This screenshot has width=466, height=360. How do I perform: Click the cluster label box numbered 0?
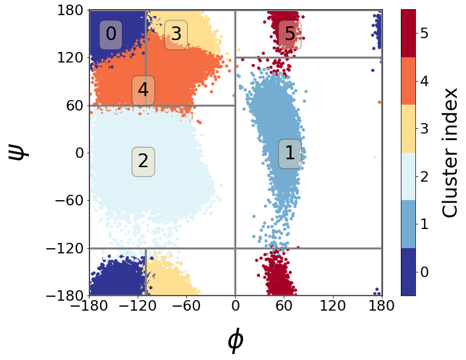[x=111, y=34]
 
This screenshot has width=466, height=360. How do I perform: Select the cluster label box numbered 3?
[x=176, y=34]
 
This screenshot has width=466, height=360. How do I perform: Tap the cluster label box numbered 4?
[x=143, y=91]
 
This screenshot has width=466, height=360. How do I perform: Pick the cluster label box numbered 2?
[x=143, y=161]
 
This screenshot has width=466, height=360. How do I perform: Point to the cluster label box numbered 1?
[x=290, y=153]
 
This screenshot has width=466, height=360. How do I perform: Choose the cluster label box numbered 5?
[x=290, y=34]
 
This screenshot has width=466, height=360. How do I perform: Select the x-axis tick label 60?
[x=284, y=306]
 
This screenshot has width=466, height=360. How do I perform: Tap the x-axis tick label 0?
[x=235, y=306]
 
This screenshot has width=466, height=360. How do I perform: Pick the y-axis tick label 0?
[x=78, y=153]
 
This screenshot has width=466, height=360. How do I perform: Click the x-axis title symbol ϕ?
[x=235, y=340]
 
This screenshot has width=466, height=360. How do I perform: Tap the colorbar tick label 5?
[x=425, y=33]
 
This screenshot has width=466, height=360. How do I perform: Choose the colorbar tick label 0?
[x=425, y=272]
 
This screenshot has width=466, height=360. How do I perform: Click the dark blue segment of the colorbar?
[x=408, y=272]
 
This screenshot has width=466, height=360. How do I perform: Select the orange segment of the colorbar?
[x=408, y=81]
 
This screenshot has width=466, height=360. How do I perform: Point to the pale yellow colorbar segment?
[x=408, y=128]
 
